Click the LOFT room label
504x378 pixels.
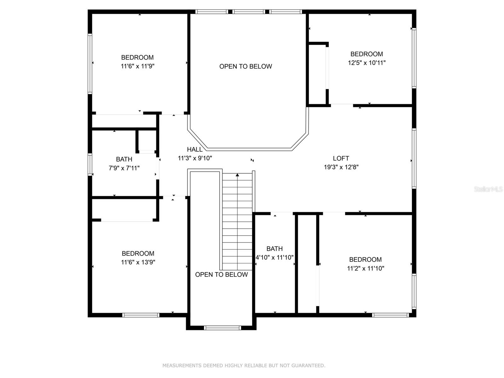[341, 158]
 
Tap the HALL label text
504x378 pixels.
[195, 150]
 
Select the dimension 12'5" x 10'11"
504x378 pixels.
[367, 63]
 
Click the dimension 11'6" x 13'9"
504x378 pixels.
[138, 262]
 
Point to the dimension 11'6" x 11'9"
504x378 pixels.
[137, 66]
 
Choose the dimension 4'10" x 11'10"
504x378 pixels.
[274, 257]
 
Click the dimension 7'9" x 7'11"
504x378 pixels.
[124, 168]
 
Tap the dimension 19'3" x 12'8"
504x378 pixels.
[341, 167]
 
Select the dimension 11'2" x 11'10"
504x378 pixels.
[365, 268]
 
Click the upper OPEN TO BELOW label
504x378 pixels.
[246, 66]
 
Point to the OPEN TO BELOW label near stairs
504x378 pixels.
[221, 275]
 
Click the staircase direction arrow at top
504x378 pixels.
[238, 175]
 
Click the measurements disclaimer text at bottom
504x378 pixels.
[244, 365]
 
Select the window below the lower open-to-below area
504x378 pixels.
[222, 328]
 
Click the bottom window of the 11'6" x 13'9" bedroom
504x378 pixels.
[141, 315]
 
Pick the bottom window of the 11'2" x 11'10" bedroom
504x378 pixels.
[391, 315]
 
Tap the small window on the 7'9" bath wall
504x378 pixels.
[90, 164]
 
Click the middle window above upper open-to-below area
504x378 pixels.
[249, 12]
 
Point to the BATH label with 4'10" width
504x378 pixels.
[274, 249]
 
